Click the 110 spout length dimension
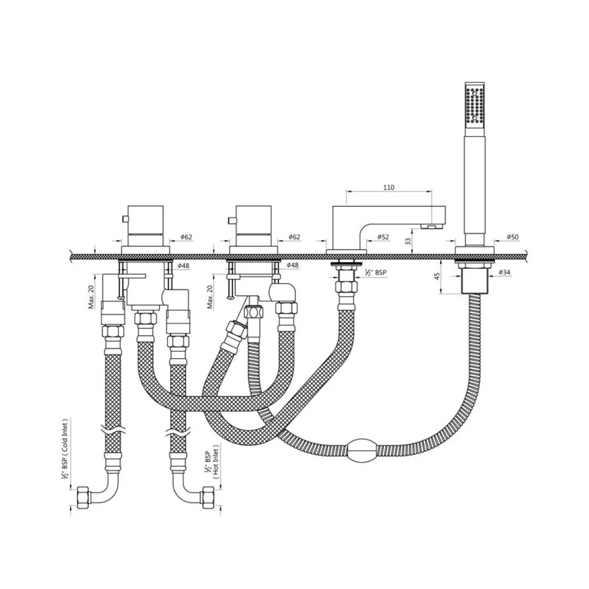point(388,188)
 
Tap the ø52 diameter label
point(383,237)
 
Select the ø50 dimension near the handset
point(512,237)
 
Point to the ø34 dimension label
point(505,272)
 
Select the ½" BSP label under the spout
point(376,272)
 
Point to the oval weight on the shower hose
point(362,450)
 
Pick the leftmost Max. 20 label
point(92,297)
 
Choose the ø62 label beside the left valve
point(187,237)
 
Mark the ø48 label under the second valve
point(293,265)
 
